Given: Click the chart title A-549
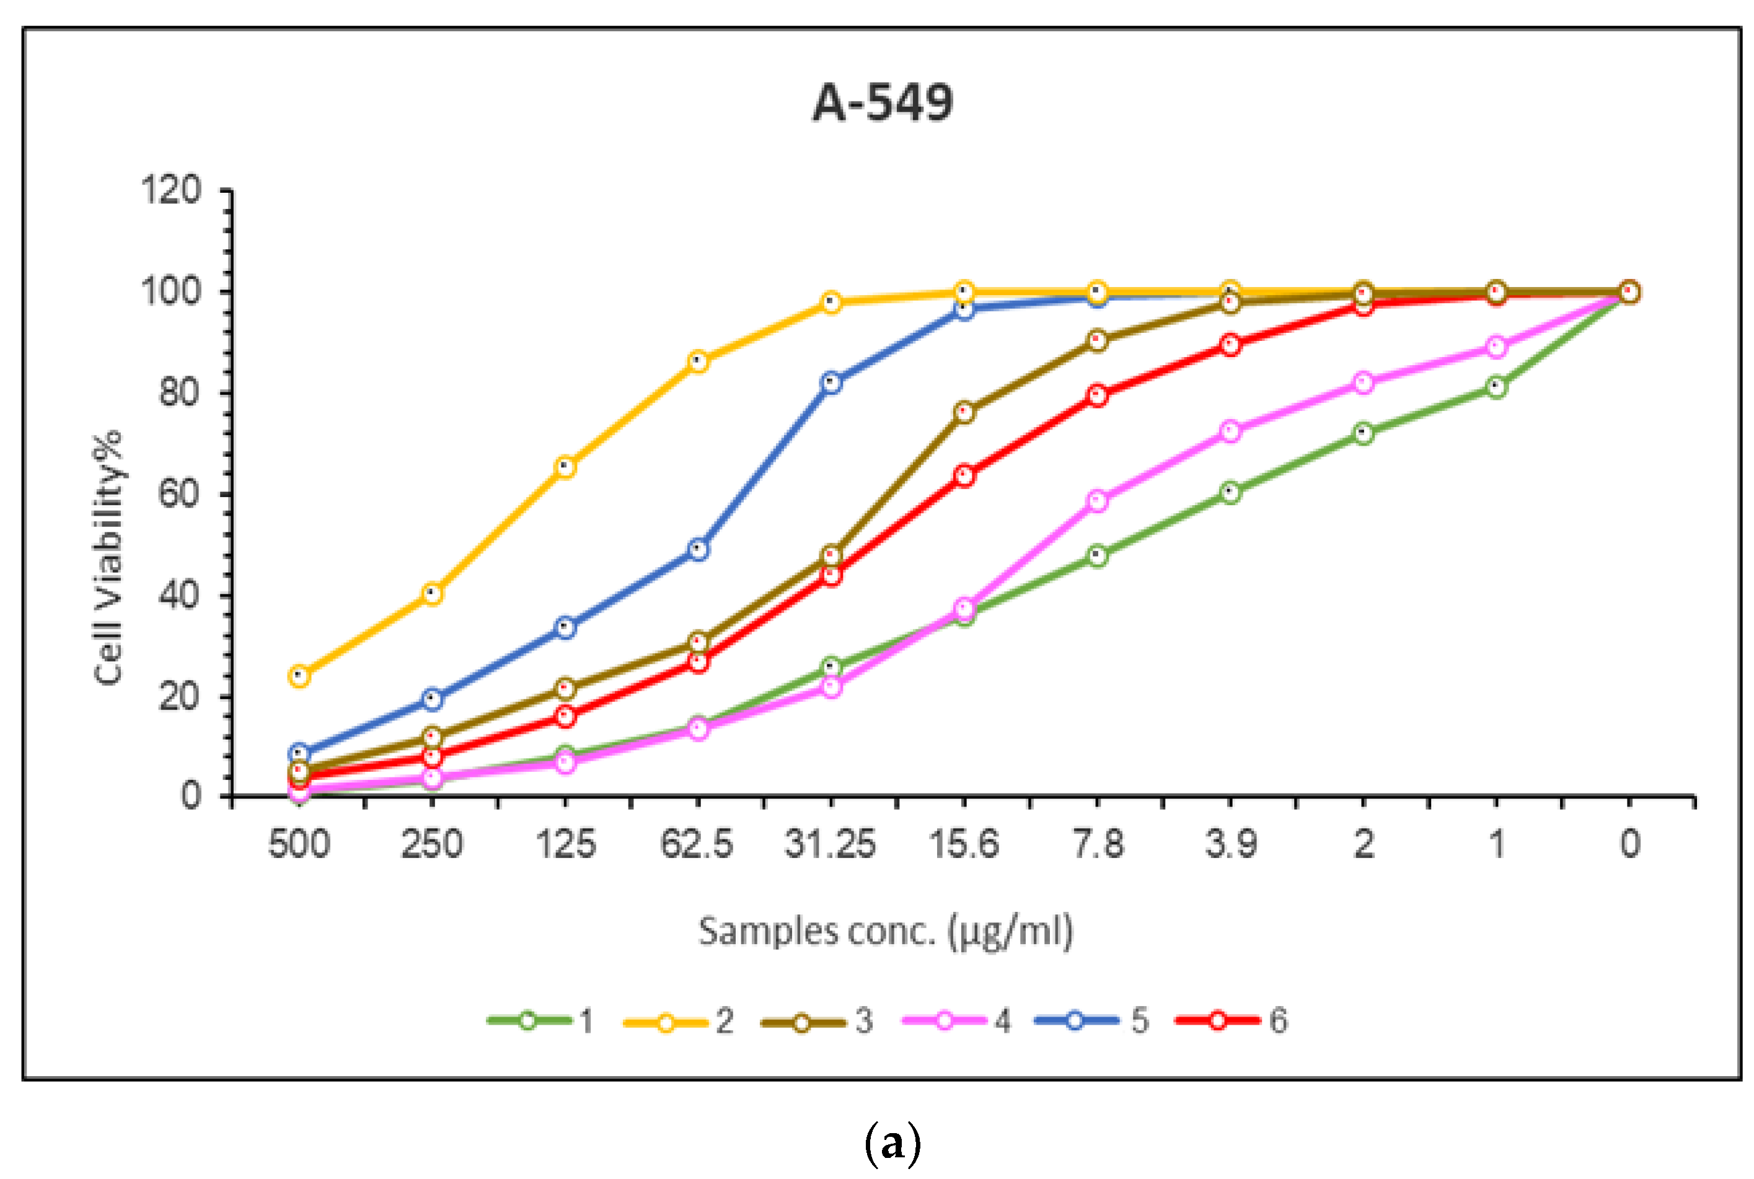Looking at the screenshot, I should click(x=883, y=103).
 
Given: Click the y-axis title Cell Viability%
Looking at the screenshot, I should click(x=109, y=557).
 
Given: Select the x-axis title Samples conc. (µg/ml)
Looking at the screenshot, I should click(x=885, y=932).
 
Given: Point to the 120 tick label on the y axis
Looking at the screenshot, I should click(x=172, y=190).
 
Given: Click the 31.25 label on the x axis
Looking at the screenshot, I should click(x=830, y=844).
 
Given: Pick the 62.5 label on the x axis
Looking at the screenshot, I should click(x=696, y=844).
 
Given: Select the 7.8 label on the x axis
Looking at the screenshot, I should click(x=1098, y=844).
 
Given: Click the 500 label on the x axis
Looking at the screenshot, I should click(x=299, y=844).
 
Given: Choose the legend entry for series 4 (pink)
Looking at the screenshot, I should click(x=956, y=1021).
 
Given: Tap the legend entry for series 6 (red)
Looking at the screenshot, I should click(x=1231, y=1021).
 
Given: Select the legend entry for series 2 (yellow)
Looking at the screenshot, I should click(x=678, y=1021).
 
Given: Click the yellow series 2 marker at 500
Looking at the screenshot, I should click(x=299, y=676).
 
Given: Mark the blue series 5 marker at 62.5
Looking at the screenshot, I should click(x=699, y=549).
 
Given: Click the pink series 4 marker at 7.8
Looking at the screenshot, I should click(x=1098, y=501).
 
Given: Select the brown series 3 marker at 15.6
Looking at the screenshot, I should click(x=964, y=412).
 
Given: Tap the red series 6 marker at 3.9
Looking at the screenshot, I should click(x=1231, y=345).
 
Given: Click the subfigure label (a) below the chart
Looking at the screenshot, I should click(x=892, y=1144).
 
